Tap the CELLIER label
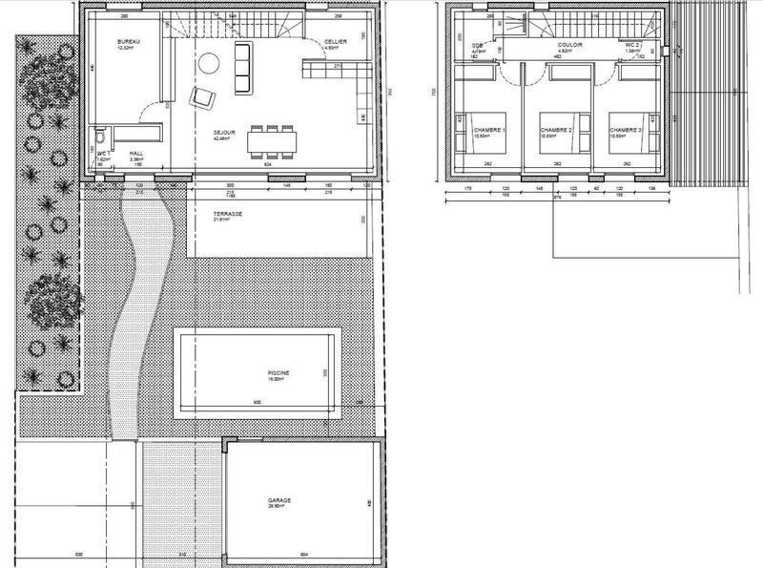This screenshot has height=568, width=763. pos(334,43)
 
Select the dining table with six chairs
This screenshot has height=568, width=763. pos(272,141)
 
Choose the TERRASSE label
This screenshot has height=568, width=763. pos(228,214)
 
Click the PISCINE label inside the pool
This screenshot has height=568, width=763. pos(278,373)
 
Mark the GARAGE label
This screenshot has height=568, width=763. pos(279,500)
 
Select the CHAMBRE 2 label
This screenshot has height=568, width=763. pos(555,131)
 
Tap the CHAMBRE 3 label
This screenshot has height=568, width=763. pos(626,131)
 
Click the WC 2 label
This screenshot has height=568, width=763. pos(633,45)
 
